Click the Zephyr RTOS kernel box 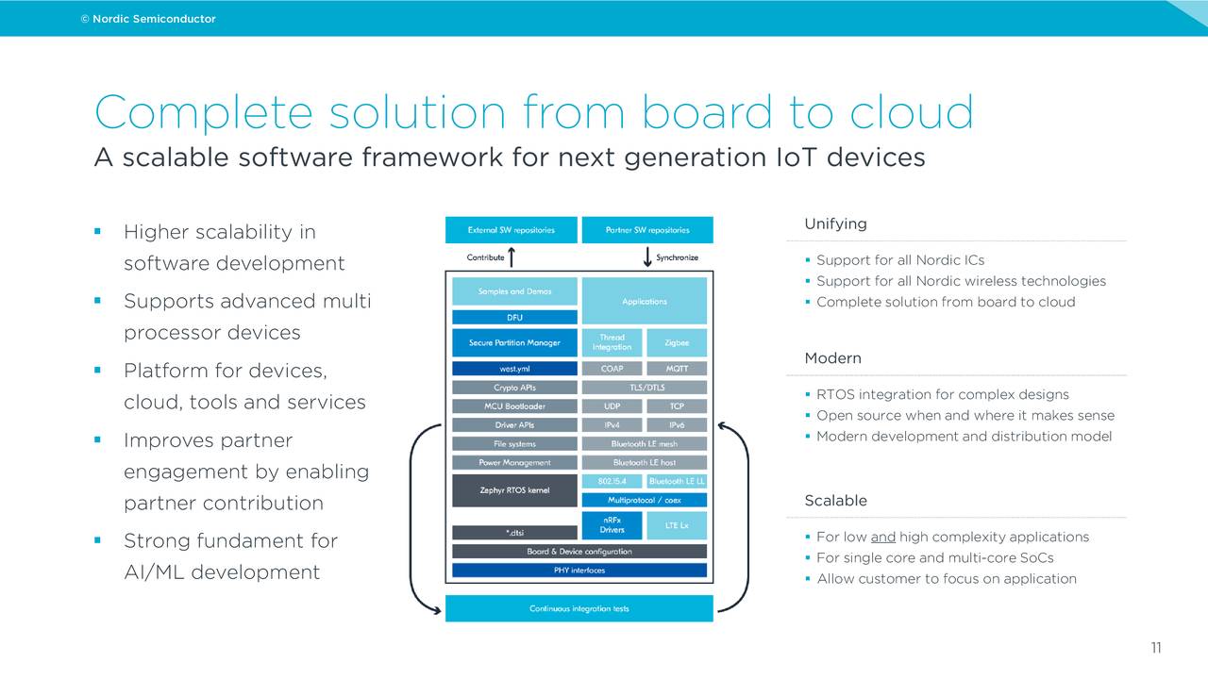514,490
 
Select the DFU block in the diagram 514,318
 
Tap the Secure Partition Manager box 514,342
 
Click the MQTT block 677,369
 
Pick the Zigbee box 677,342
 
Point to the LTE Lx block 677,525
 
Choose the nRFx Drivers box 612,525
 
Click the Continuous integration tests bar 579,608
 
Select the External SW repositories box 512,230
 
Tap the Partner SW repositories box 647,230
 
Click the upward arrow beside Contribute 512,257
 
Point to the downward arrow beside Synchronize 647,257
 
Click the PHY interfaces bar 579,571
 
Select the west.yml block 514,369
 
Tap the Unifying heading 835,224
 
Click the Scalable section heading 835,501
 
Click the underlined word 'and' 882,538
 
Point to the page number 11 1156,648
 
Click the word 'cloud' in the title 912,112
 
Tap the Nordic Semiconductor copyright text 148,19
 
